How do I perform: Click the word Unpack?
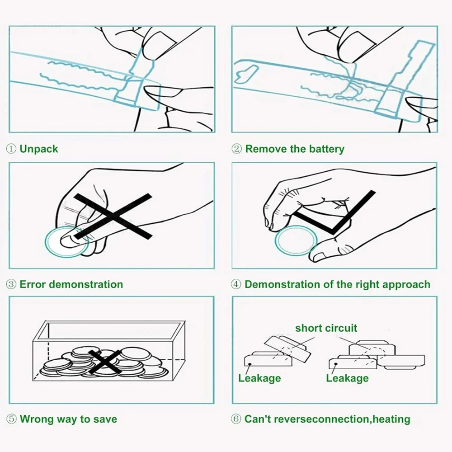click(39, 149)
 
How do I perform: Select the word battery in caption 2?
click(326, 149)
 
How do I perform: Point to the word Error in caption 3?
click(33, 284)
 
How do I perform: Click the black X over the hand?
click(113, 216)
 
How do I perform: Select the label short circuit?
click(326, 328)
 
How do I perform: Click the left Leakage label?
click(259, 378)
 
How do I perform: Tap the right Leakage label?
click(347, 378)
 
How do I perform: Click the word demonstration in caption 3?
click(86, 284)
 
